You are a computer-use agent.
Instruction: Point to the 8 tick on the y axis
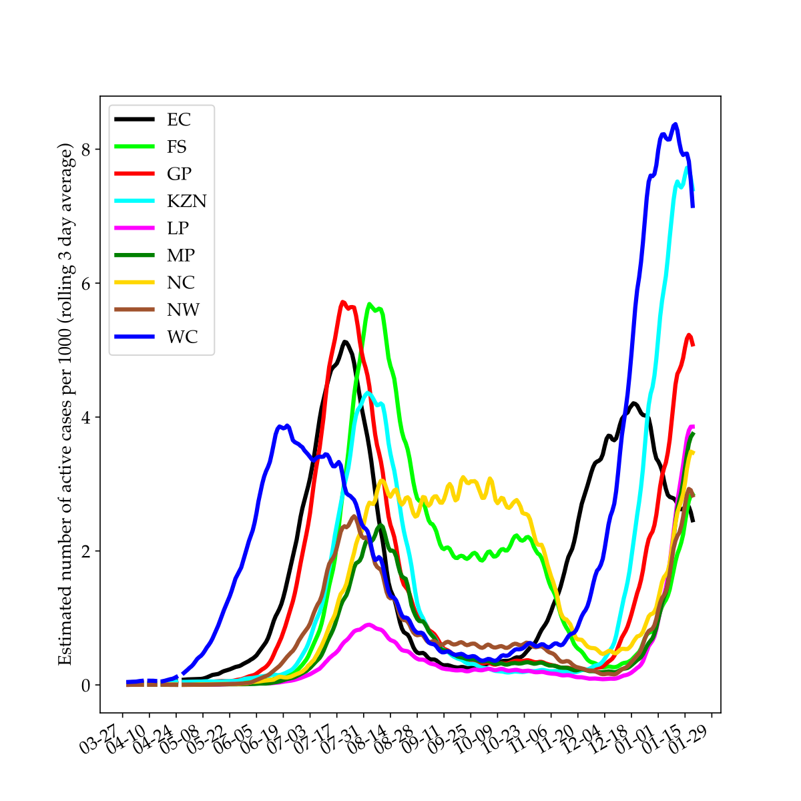click(x=86, y=150)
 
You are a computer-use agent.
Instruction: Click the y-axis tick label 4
click(x=86, y=417)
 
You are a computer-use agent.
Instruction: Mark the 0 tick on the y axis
click(x=86, y=685)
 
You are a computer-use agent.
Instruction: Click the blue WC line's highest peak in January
click(x=676, y=124)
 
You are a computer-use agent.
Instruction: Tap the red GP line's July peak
click(x=342, y=302)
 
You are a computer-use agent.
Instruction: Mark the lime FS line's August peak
click(x=369, y=304)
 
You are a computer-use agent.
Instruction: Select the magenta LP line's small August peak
click(x=368, y=625)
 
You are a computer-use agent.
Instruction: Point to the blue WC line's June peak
click(x=280, y=426)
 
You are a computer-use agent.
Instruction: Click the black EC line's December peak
click(x=633, y=403)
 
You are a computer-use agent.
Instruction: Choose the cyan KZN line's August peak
click(x=368, y=392)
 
